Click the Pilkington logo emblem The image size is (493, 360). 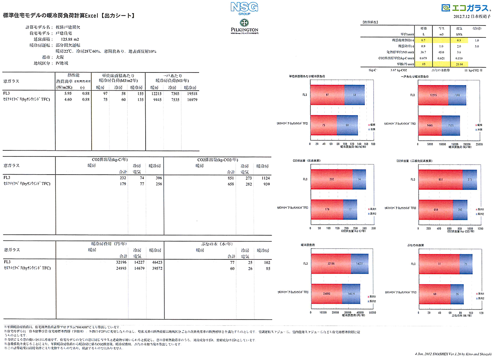pyautogui.click(x=244, y=22)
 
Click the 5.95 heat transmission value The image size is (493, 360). pyautogui.click(x=68, y=94)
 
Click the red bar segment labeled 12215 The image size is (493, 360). pyautogui.click(x=433, y=95)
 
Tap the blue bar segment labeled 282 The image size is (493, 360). pyautogui.click(x=460, y=210)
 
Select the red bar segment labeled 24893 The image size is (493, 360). pyautogui.click(x=326, y=294)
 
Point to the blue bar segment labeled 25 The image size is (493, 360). pyautogui.click(x=466, y=264)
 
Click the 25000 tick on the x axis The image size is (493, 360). pyautogui.click(x=478, y=143)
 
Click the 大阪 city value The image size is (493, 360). pyautogui.click(x=59, y=57)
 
